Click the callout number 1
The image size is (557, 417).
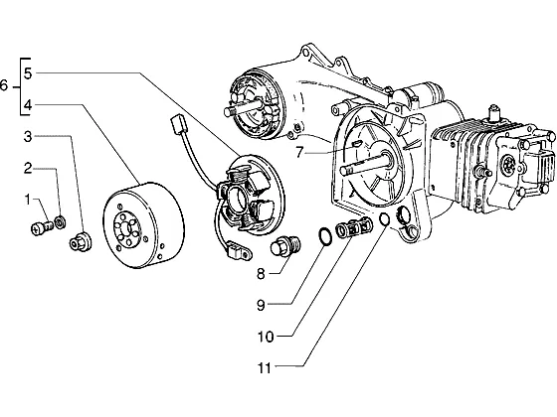(28, 200)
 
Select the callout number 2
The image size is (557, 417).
(28, 169)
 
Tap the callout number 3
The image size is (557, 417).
(28, 137)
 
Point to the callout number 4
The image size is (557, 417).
(28, 105)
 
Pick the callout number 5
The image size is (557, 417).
(28, 73)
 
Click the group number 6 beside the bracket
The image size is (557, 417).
(4, 85)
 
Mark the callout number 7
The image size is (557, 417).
(299, 153)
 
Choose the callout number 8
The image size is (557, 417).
(261, 274)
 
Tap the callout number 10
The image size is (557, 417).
(266, 337)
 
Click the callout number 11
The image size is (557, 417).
(265, 368)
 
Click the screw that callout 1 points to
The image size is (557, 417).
(42, 227)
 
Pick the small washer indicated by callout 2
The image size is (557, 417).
(60, 222)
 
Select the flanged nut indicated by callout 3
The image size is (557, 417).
(81, 242)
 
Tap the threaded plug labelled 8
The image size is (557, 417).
(285, 246)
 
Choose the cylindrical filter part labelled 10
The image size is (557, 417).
(354, 228)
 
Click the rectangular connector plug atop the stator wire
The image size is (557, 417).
(178, 124)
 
